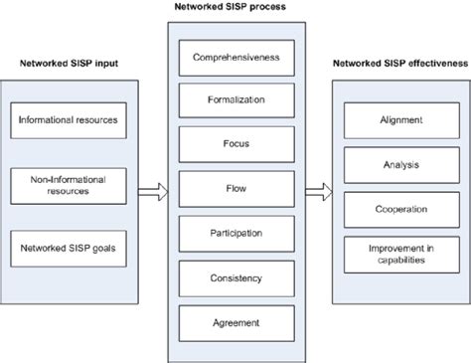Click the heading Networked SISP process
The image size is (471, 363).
click(x=231, y=8)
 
